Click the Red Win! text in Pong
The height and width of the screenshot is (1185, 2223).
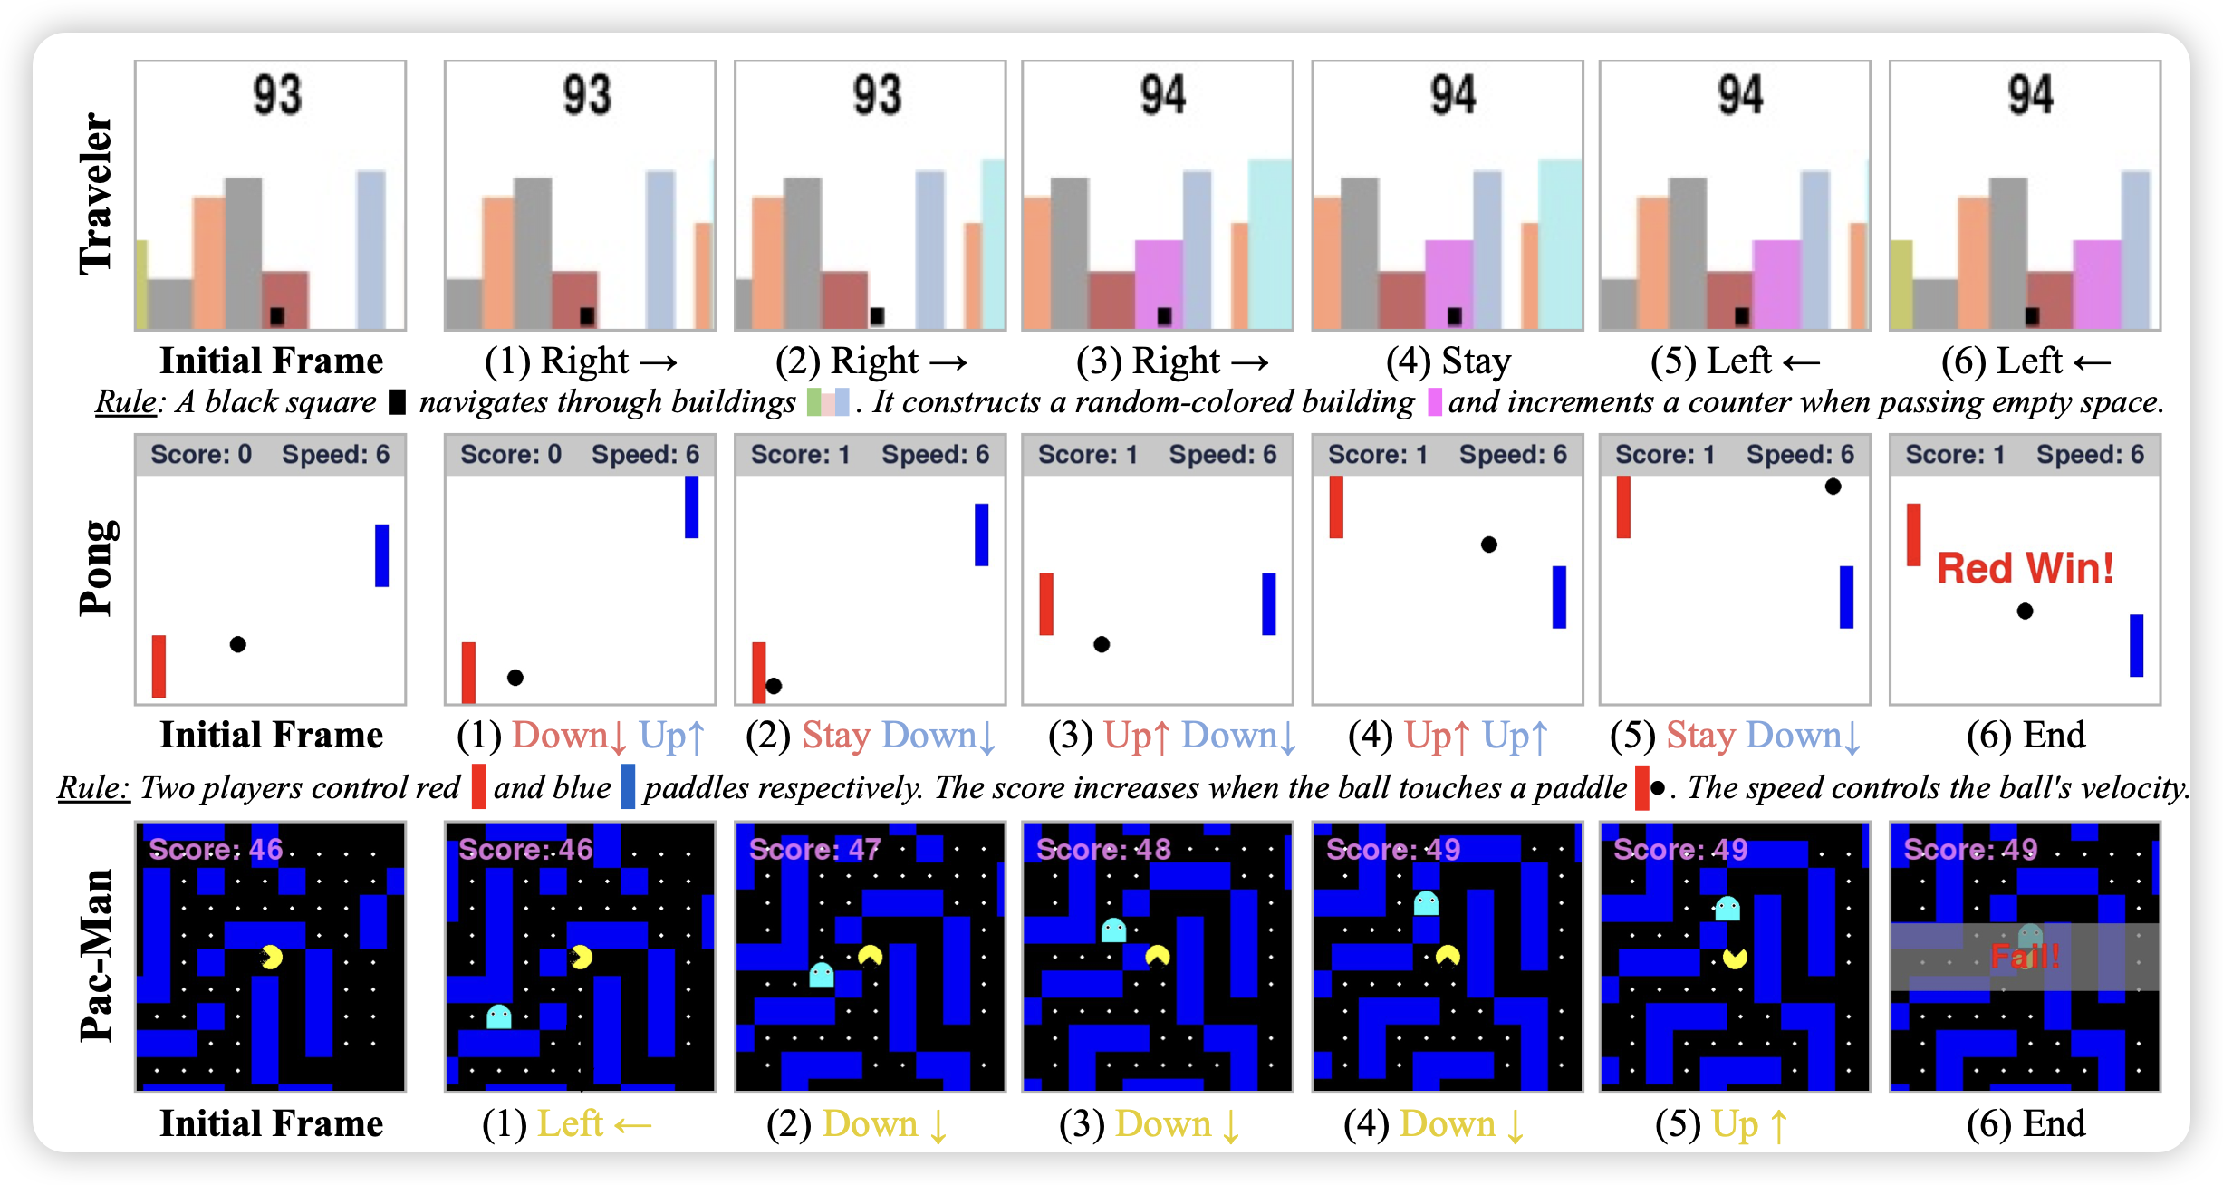(x=2025, y=569)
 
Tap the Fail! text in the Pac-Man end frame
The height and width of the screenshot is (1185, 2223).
(x=2026, y=956)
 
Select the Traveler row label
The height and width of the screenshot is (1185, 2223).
(x=96, y=193)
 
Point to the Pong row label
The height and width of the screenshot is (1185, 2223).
(x=96, y=568)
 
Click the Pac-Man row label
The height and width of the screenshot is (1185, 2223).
(x=96, y=955)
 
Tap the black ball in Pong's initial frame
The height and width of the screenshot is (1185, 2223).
(x=237, y=644)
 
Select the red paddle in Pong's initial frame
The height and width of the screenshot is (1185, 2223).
(x=159, y=666)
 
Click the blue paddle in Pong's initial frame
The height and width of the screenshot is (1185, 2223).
(x=381, y=555)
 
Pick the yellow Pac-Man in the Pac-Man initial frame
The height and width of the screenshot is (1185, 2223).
(x=271, y=957)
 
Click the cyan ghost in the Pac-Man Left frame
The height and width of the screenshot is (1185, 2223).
(x=499, y=1016)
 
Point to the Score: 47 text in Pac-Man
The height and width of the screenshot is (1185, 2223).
(x=814, y=850)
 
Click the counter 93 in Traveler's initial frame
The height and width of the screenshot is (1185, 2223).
(x=277, y=95)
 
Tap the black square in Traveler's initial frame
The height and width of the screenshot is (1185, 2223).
(x=277, y=316)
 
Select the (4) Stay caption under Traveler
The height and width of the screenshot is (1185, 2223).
(x=1448, y=361)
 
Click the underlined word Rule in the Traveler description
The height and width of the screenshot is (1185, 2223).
(x=126, y=402)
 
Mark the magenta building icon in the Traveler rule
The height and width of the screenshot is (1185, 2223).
(x=1434, y=401)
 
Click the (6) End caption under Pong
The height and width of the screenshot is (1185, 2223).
(x=2026, y=735)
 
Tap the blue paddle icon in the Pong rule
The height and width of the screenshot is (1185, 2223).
(x=628, y=786)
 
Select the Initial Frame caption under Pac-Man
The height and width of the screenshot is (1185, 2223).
(x=271, y=1124)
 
